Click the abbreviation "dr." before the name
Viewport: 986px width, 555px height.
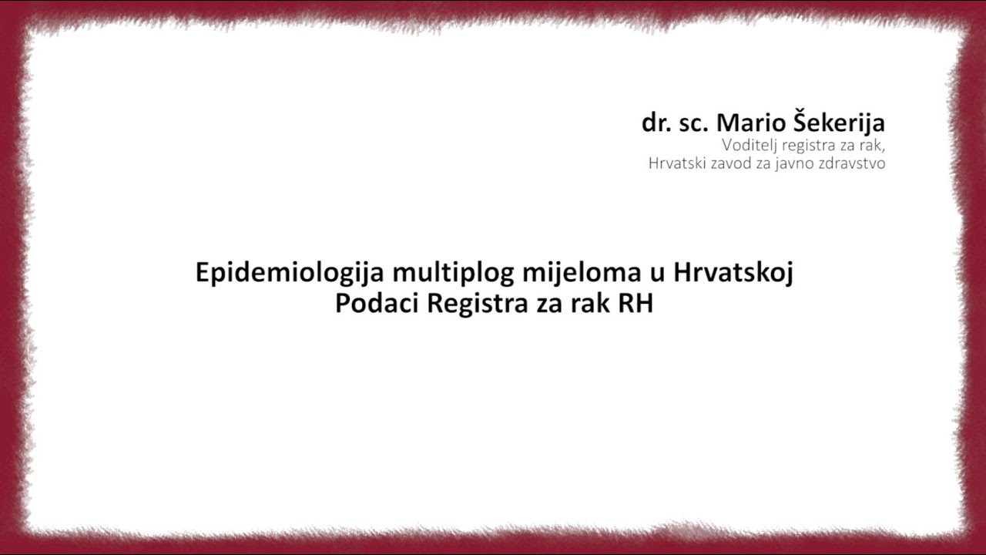tap(656, 123)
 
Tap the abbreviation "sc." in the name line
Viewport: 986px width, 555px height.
tap(695, 123)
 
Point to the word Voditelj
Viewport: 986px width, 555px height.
tap(749, 144)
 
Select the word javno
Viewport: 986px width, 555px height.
tap(794, 163)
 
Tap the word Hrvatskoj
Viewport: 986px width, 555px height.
tap(733, 273)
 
